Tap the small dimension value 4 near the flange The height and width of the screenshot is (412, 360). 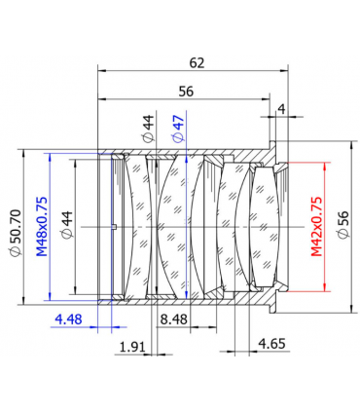tap(281, 109)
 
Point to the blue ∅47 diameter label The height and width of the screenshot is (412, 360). tap(176, 129)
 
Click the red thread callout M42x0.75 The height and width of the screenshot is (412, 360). tap(316, 226)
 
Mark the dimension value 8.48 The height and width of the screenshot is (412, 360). tap(176, 318)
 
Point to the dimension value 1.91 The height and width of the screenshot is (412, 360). tap(132, 346)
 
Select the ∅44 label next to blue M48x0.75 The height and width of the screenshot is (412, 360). tap(68, 226)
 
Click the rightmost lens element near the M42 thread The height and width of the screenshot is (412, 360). tap(265, 226)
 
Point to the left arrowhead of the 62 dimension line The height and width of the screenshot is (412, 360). tap(101, 69)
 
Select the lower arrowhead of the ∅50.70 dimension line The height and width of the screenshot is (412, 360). tap(29, 302)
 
